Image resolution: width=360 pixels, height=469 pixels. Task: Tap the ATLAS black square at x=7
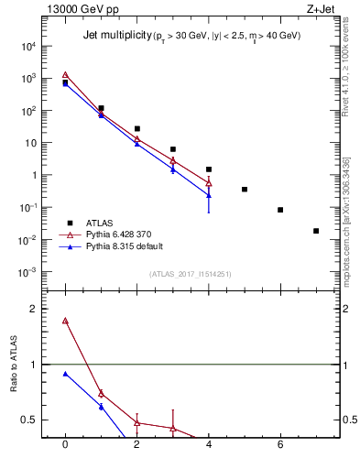(x=316, y=231)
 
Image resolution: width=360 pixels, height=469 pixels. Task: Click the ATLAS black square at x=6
(x=280, y=210)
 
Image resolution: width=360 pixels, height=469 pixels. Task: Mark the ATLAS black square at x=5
(x=245, y=190)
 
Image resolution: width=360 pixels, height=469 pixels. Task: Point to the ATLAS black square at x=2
(x=136, y=129)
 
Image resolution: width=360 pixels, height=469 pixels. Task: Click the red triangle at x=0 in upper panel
(x=65, y=75)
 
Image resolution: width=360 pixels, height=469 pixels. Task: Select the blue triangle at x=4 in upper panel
(x=209, y=194)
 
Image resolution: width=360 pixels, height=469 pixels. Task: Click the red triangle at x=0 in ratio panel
(x=65, y=321)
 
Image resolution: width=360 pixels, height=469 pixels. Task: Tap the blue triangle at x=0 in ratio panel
(x=65, y=374)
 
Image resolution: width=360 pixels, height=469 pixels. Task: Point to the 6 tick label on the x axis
(x=280, y=445)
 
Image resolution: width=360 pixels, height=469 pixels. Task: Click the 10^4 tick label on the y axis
(x=28, y=46)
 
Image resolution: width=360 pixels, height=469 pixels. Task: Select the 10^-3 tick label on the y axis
(x=28, y=272)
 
